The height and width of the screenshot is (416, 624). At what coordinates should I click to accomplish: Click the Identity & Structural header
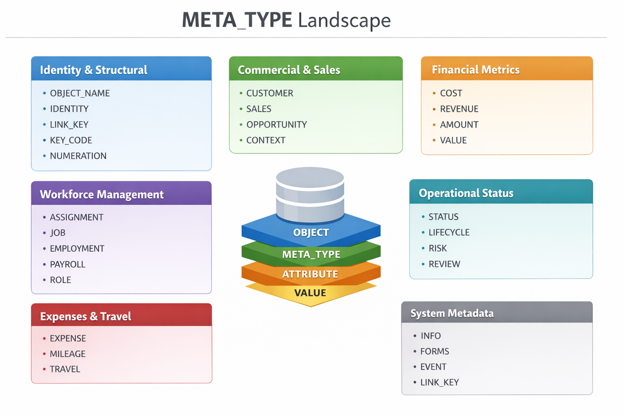tap(93, 70)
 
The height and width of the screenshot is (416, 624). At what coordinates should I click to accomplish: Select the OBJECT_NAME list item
tap(80, 93)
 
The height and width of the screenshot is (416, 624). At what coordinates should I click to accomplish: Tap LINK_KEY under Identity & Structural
tap(69, 125)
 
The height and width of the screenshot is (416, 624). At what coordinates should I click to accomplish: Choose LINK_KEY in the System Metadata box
tap(440, 382)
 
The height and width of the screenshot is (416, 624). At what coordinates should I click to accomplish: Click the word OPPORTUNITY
tap(277, 125)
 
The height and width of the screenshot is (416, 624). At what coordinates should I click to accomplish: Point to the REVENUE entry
tap(459, 109)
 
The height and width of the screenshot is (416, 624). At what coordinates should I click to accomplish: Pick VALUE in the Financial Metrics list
tap(453, 141)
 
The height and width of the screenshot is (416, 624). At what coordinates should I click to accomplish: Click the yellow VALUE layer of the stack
tap(310, 293)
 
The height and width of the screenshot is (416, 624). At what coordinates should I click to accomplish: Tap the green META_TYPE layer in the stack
tap(311, 255)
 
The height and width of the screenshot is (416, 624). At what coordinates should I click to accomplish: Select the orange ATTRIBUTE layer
tap(310, 274)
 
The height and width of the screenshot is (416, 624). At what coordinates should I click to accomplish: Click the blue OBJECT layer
tap(311, 233)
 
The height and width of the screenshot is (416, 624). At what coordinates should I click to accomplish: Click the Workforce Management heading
tap(102, 195)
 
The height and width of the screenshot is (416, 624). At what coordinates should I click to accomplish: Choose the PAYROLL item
tap(67, 264)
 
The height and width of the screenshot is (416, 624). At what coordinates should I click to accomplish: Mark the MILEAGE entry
tap(67, 354)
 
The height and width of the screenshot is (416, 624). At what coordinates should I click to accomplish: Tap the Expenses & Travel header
tap(86, 316)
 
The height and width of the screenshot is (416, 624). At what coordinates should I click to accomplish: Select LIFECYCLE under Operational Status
tap(449, 232)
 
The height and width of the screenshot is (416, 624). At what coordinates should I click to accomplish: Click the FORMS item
tap(435, 351)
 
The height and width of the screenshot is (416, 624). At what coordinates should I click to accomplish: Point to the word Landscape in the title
tap(344, 20)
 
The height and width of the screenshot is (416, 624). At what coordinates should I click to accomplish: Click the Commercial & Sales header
tap(289, 70)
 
